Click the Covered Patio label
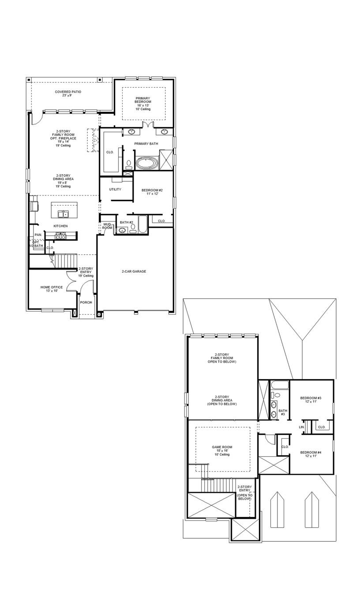(x=68, y=94)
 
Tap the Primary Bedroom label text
(x=143, y=104)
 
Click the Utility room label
(x=115, y=189)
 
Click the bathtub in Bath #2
(x=143, y=225)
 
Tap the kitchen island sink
(x=64, y=214)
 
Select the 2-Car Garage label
(x=134, y=271)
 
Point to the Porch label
(x=86, y=302)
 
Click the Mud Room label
(x=107, y=226)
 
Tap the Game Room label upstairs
(x=222, y=450)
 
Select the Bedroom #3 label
(x=311, y=400)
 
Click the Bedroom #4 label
(x=311, y=454)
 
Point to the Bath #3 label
(x=282, y=413)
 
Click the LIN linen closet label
(x=302, y=427)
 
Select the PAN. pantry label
(x=38, y=235)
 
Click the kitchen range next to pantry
(x=60, y=236)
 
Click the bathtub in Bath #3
(x=279, y=385)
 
